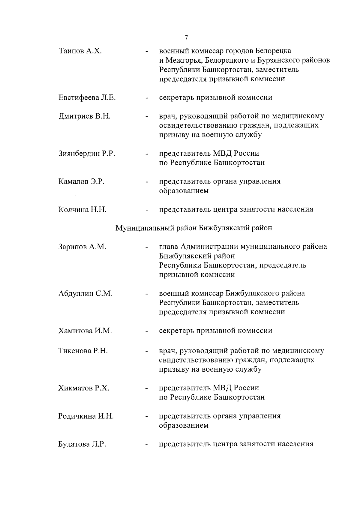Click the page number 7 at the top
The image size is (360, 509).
(186, 37)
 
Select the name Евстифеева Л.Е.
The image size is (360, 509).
(87, 98)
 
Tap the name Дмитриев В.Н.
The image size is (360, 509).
(84, 116)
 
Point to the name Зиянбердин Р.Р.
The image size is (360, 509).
(87, 154)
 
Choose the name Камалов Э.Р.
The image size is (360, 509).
(81, 182)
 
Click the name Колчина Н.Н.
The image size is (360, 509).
(82, 210)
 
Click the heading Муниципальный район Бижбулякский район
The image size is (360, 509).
(194, 228)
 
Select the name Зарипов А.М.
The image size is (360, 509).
(82, 247)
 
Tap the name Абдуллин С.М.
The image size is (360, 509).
(85, 294)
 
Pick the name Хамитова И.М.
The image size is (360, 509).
(85, 331)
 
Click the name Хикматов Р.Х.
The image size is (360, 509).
(84, 388)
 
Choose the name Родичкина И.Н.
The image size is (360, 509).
(86, 416)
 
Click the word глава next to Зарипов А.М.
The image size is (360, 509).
(168, 247)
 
